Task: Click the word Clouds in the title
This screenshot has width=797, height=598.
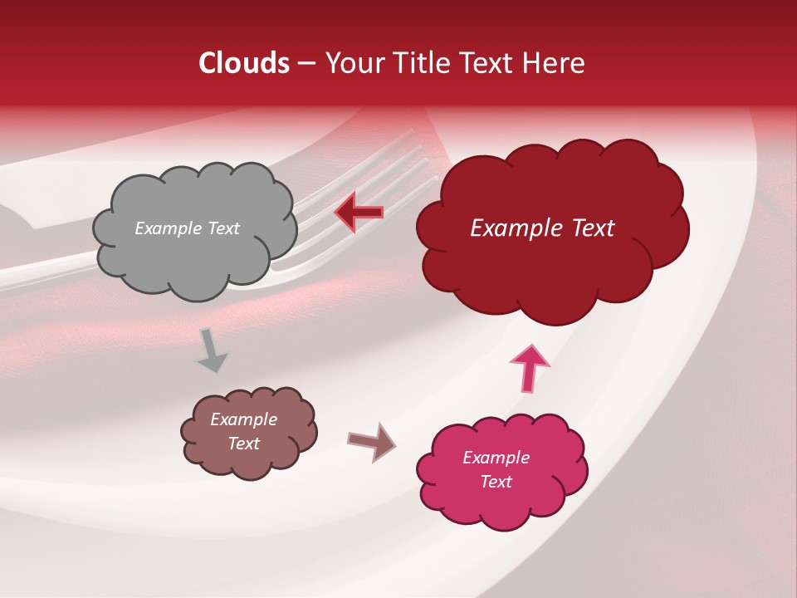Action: [244, 63]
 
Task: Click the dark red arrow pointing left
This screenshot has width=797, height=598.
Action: [359, 213]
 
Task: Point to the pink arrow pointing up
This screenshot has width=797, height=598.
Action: [529, 368]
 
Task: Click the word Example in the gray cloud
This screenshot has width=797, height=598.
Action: [166, 228]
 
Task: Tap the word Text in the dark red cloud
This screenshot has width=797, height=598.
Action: [588, 228]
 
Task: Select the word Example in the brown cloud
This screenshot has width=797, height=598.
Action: [243, 419]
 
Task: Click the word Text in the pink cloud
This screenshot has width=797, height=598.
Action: [496, 482]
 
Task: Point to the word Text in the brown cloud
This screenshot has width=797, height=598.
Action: [243, 444]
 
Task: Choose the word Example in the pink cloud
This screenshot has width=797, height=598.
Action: [496, 458]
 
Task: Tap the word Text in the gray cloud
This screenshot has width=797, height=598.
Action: [222, 228]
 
